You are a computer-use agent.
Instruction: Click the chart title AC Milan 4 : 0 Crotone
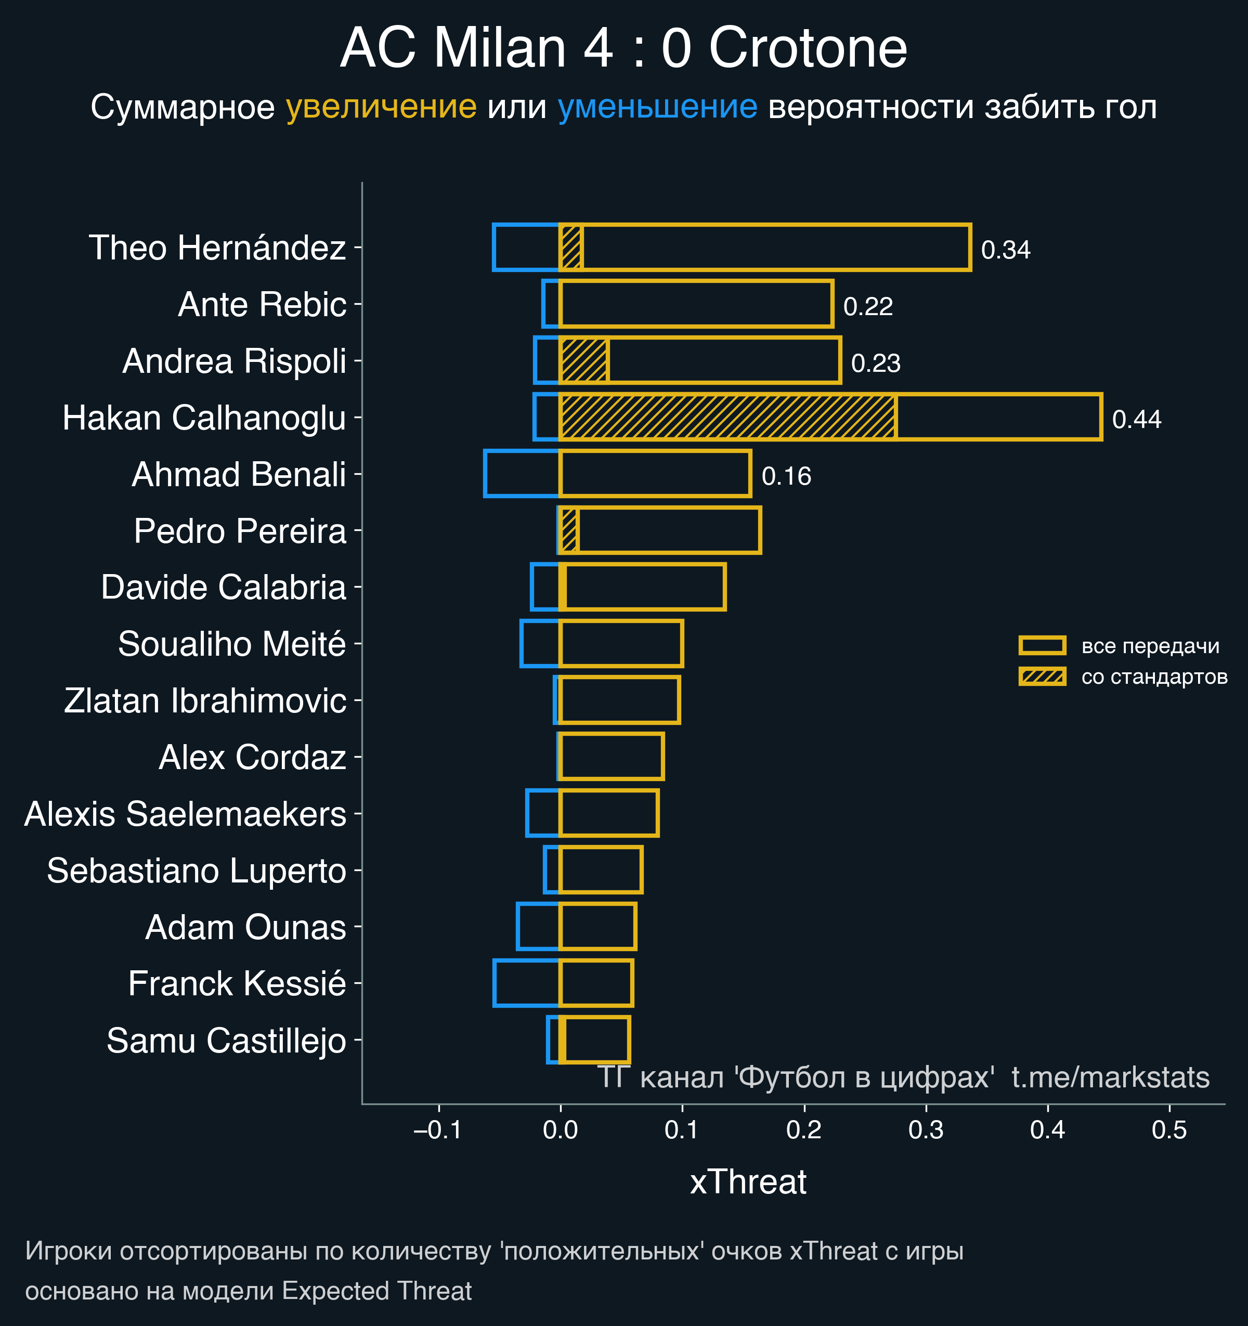tap(623, 48)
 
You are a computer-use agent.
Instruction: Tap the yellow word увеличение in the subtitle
tap(381, 107)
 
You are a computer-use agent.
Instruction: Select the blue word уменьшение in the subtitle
tap(657, 107)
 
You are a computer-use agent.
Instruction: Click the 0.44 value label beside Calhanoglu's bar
tap(1137, 420)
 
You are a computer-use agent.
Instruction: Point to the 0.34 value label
tap(1005, 250)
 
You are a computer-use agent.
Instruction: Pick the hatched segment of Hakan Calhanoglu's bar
tap(727, 418)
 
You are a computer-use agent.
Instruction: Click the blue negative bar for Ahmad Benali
tap(522, 474)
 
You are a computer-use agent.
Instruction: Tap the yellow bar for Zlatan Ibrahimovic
tap(619, 700)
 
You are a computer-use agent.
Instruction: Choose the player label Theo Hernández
tap(217, 248)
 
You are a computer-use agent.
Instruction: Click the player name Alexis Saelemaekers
tap(186, 814)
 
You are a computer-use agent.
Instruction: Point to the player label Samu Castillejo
tap(226, 1041)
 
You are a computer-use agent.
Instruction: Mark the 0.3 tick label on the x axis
tap(926, 1130)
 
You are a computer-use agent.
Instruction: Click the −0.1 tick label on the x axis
tap(437, 1130)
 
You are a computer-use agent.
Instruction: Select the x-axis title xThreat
tap(748, 1182)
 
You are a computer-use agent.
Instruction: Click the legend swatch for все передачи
tap(1042, 646)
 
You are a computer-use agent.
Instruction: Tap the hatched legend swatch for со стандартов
tap(1042, 677)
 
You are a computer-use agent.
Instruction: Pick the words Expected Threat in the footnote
tap(377, 1291)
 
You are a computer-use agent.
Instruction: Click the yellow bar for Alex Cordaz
tap(611, 757)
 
